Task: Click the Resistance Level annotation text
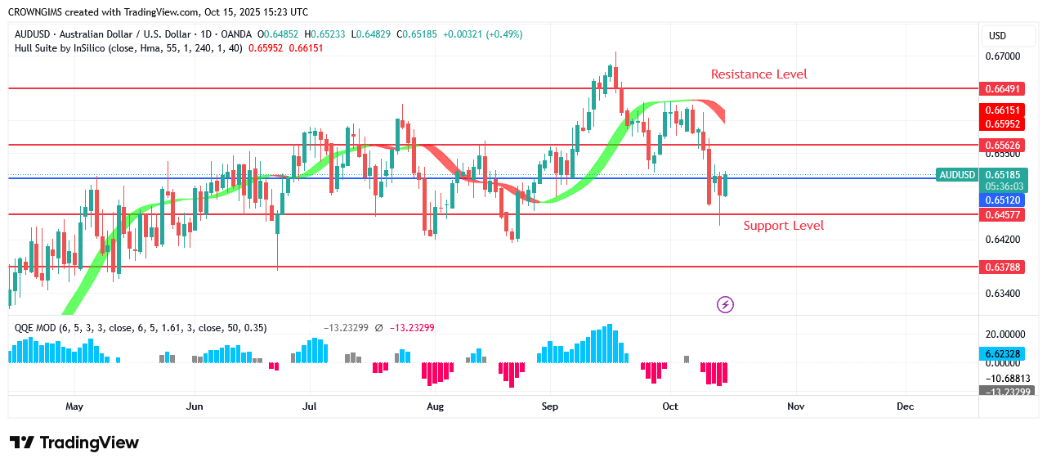point(758,74)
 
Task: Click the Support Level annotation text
point(783,226)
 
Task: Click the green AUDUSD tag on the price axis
point(957,175)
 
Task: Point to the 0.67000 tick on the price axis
point(1002,56)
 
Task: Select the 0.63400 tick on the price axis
point(1002,294)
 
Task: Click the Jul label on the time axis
point(310,406)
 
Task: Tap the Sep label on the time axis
point(550,406)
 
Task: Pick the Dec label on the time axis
point(905,406)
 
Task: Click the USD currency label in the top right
point(997,36)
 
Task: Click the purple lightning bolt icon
point(725,305)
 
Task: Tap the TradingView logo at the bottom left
point(74,442)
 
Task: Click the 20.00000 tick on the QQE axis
point(1004,335)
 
